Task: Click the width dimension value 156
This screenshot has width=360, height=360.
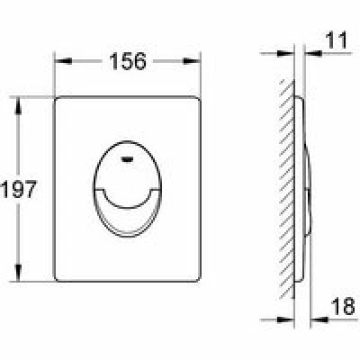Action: [x=128, y=61]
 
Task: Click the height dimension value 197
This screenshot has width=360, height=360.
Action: [x=19, y=189]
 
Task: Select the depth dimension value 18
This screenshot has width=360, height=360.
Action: [x=343, y=306]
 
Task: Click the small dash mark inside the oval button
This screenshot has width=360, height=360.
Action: [x=128, y=160]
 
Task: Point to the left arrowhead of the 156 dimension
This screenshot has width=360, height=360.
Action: [x=64, y=61]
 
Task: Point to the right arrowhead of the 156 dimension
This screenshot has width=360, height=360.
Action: [x=191, y=61]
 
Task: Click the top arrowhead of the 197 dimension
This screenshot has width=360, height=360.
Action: [x=18, y=106]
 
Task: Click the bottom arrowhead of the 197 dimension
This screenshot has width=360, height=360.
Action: [x=18, y=273]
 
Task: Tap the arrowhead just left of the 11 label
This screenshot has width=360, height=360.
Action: [x=313, y=54]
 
